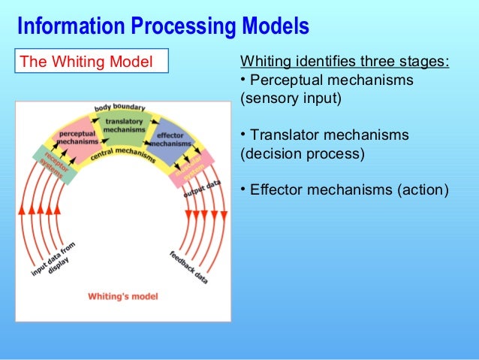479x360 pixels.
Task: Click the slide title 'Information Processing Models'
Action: [163, 26]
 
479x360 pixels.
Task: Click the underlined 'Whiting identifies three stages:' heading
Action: [344, 61]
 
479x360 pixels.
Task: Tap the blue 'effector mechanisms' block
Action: [170, 139]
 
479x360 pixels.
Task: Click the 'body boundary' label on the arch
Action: [120, 107]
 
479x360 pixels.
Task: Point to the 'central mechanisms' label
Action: [123, 154]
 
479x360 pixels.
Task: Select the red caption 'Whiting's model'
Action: [123, 296]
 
